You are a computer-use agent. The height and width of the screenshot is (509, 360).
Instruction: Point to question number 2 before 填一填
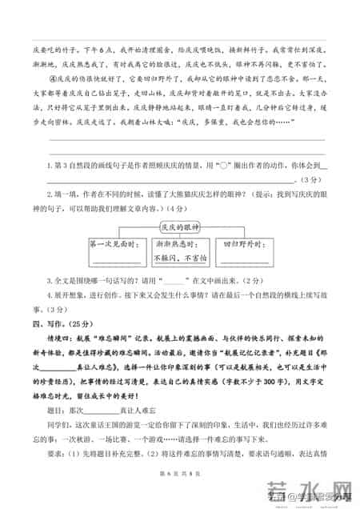click(x=50, y=182)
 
